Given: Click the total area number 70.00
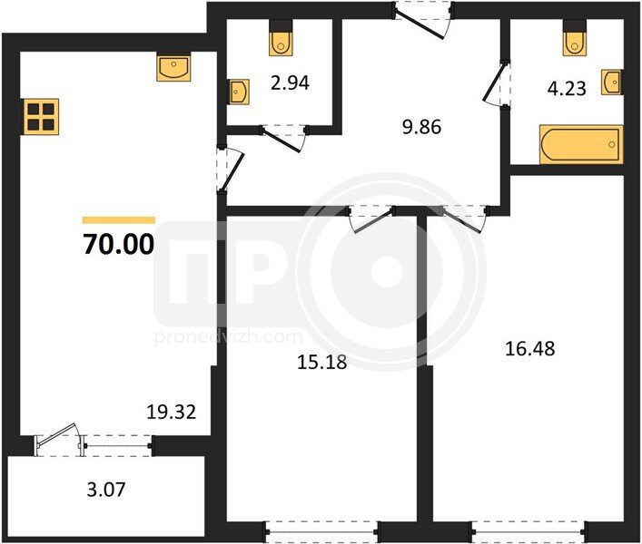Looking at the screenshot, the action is coord(119,244).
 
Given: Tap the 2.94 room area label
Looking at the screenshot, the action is coord(290,83).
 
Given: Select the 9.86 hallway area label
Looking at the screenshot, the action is coord(421,127).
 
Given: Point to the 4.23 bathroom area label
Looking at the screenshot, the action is coord(567,88).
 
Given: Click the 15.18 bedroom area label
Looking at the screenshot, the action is coord(321,362).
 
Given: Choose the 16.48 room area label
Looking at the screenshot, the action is coord(530,349).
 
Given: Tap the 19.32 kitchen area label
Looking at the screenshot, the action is coord(172,412).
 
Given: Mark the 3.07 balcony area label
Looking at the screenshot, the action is coord(106,490).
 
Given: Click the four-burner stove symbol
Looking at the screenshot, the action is coord(42,116).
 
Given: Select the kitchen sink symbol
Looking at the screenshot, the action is coord(173,66).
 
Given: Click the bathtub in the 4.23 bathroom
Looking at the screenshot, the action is coord(581,145).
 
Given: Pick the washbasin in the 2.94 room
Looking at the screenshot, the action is coord(238,92).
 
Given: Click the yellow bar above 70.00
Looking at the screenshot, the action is coord(119,220).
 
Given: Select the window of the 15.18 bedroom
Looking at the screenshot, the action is coord(321,531).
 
